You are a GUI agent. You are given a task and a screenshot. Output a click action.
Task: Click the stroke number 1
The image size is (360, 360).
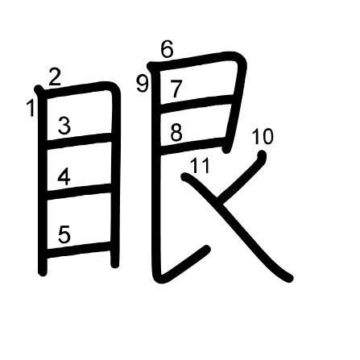[31, 108]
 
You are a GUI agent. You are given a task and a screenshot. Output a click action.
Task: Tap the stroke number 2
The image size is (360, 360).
[55, 77]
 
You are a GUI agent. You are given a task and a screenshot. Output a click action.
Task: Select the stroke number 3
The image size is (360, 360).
[64, 126]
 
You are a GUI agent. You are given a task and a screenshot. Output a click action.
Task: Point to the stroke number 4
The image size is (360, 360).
[64, 176]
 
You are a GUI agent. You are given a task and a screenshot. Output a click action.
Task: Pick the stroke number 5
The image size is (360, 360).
[64, 234]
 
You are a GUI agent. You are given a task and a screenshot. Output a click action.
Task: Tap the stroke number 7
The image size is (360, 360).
[176, 89]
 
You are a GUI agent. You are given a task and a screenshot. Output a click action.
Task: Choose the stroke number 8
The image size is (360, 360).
[176, 132]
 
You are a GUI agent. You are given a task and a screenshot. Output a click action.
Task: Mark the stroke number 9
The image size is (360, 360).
[143, 84]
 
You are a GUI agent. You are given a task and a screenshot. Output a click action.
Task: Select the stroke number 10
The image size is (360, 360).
[263, 136]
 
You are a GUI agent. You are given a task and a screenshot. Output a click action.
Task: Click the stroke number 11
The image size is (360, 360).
[200, 165]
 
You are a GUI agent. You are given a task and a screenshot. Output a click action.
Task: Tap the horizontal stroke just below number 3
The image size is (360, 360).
[79, 141]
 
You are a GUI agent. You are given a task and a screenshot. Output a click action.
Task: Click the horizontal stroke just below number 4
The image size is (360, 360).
[79, 192]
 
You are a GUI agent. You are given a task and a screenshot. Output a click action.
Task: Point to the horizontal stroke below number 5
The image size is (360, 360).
[79, 250]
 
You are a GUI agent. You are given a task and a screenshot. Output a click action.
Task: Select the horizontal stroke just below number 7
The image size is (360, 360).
[197, 104]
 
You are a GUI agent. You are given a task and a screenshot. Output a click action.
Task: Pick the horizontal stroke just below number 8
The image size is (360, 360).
[192, 146]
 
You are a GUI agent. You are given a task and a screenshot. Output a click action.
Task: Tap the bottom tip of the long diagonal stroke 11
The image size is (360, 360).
[290, 279]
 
